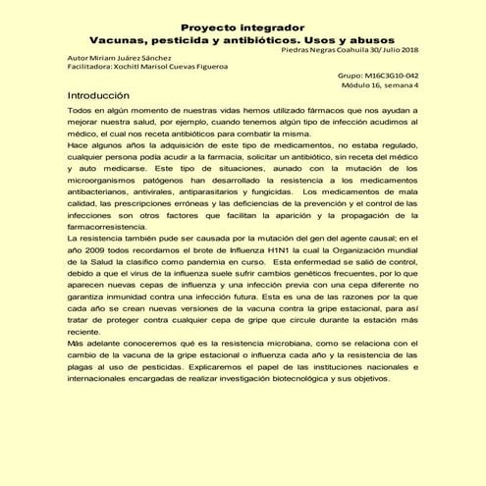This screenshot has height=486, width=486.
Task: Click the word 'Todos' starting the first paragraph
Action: (x=81, y=114)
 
